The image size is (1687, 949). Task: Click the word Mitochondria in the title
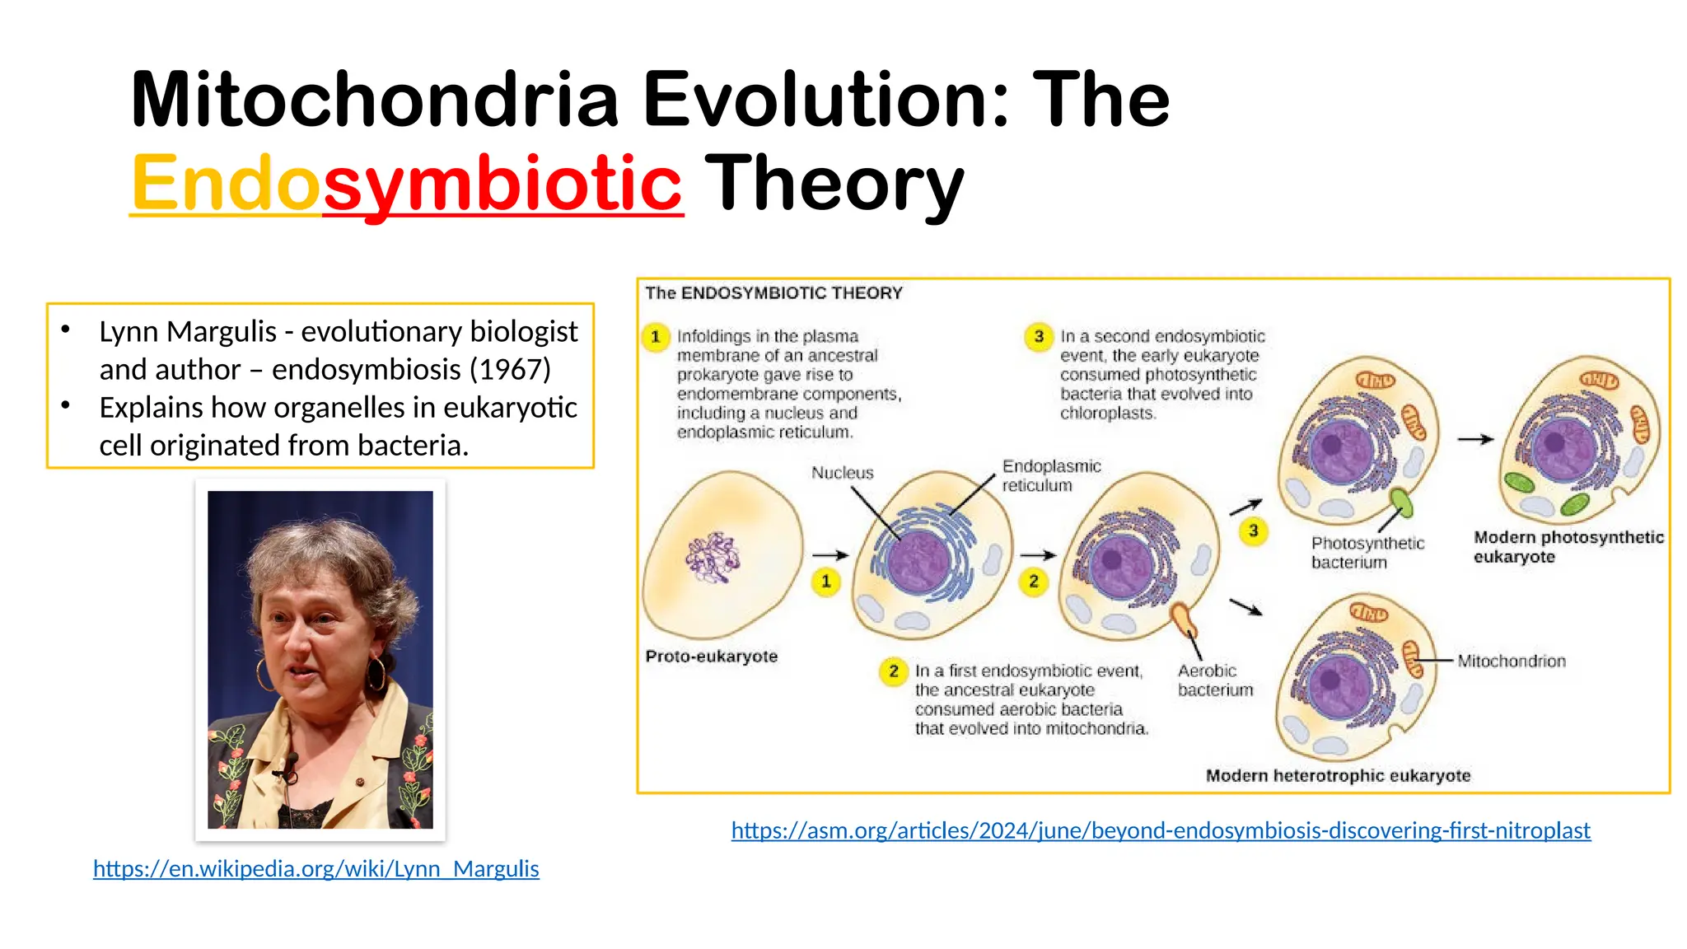coord(375,101)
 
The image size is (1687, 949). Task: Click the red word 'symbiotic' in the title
coord(502,183)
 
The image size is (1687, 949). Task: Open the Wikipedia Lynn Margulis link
coord(315,869)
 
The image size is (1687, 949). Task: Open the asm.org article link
coord(1160,830)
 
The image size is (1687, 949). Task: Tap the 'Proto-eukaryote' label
coord(711,657)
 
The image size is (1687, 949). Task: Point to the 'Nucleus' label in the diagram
coord(842,473)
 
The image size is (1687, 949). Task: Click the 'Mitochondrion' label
coord(1511,661)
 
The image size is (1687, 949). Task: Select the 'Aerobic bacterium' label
coord(1214,680)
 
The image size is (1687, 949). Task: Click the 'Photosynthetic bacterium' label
coord(1367,553)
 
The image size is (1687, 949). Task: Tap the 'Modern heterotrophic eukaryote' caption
coord(1337,776)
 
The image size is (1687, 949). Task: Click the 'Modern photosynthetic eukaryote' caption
coord(1567,547)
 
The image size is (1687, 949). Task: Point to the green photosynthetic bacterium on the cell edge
coord(1401,501)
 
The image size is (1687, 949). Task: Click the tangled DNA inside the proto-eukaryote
coord(713,558)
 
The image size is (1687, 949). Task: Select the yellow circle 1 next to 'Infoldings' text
coord(656,337)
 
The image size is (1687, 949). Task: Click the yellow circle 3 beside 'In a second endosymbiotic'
coord(1039,337)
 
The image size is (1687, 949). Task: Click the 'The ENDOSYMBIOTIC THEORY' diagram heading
coord(773,293)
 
